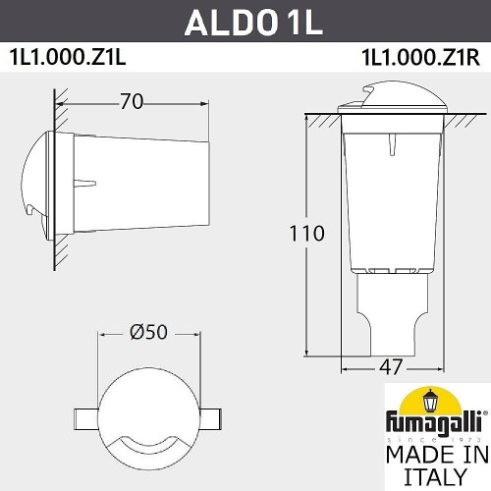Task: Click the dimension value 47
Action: click(x=391, y=367)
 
